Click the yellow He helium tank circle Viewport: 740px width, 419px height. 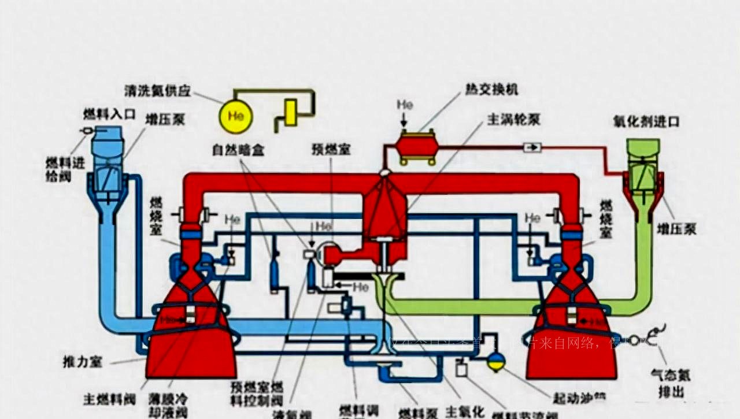point(236,116)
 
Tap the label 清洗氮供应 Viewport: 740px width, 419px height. point(157,91)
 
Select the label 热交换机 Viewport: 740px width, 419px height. point(491,90)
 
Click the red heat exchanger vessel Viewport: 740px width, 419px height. point(416,145)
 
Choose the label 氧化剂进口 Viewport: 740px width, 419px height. point(646,121)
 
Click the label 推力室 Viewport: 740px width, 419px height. point(82,362)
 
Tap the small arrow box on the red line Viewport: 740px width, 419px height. point(532,147)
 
